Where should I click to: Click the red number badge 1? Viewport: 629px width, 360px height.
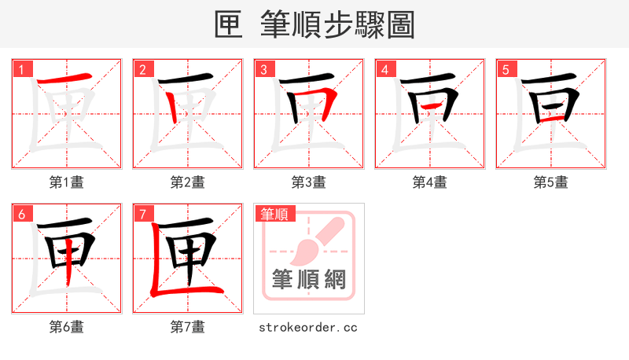[x=21, y=69]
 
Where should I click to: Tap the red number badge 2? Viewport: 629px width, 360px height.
[x=142, y=69]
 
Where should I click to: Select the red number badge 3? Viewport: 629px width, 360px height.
[x=263, y=69]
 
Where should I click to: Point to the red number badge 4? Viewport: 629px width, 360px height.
[x=384, y=69]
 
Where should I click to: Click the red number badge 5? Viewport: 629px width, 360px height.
[x=506, y=69]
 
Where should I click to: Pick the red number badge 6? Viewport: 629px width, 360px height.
[x=21, y=214]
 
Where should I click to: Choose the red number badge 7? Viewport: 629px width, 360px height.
[x=142, y=214]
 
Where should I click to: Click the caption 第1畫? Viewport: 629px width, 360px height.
[x=67, y=182]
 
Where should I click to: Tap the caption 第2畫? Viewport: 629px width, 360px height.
[x=188, y=182]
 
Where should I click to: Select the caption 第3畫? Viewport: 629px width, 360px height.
[x=309, y=182]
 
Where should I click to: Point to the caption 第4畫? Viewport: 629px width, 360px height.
[x=430, y=182]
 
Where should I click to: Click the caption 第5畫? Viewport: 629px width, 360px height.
[x=551, y=182]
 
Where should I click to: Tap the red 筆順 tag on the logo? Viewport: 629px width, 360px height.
[x=274, y=214]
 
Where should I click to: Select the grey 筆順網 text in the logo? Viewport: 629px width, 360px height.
[x=309, y=279]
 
